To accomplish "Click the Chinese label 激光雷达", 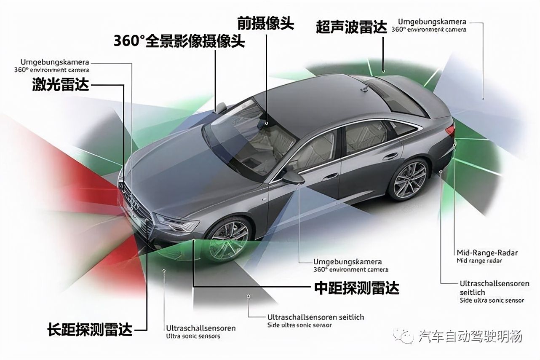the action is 61,84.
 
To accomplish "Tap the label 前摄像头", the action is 266,24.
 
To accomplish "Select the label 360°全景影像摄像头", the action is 179,41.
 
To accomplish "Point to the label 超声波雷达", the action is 351,27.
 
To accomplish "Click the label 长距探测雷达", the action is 90,330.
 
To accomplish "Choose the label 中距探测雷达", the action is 357,287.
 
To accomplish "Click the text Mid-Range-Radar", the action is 487,253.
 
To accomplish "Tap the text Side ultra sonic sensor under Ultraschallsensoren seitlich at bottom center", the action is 299,325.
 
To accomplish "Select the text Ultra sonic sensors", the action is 193,336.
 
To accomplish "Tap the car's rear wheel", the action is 409,179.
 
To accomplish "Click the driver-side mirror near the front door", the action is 294,177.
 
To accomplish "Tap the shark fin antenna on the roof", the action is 364,89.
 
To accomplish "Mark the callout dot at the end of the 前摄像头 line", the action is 267,123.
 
